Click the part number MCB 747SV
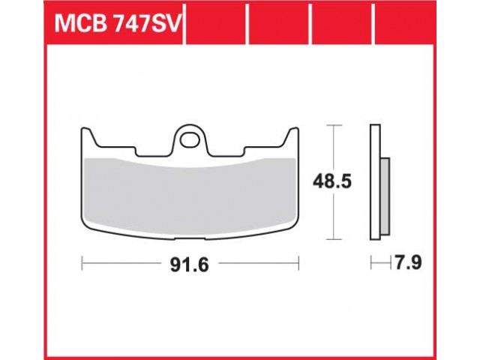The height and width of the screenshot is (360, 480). (x=118, y=24)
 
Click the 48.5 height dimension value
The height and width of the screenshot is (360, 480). (x=331, y=182)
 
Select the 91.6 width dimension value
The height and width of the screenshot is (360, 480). (x=189, y=265)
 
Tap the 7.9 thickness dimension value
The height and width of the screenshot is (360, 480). (x=409, y=262)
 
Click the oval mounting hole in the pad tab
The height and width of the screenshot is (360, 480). (x=190, y=140)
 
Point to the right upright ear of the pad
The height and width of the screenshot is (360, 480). (x=292, y=136)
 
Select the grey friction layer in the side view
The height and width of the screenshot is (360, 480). (x=385, y=196)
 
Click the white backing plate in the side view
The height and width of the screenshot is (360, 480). (x=375, y=181)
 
